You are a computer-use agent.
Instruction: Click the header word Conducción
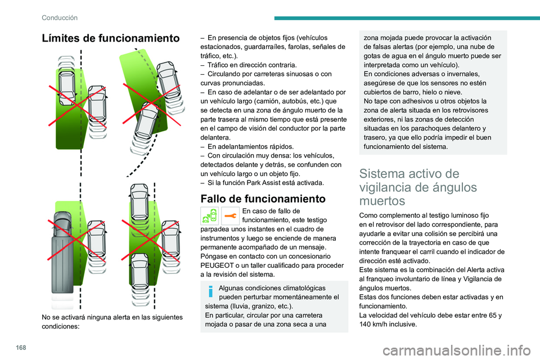(x=59, y=17)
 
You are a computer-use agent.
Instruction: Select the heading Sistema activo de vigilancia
(x=413, y=187)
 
